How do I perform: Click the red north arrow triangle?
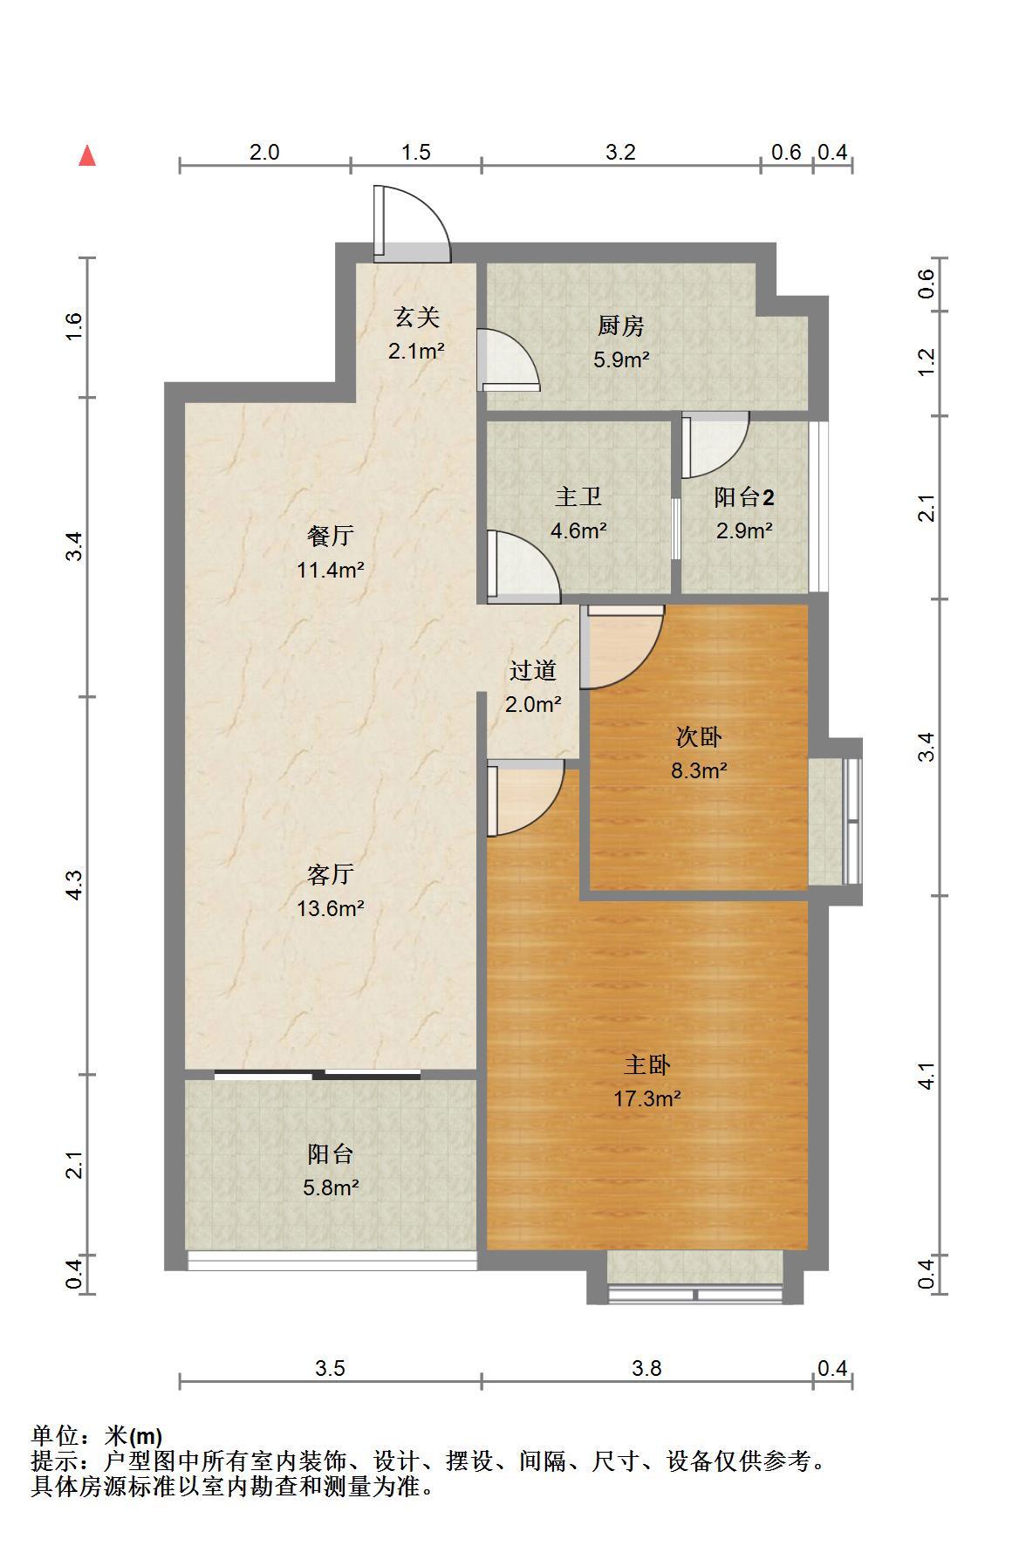click(87, 155)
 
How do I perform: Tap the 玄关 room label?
click(416, 318)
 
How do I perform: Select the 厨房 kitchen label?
click(621, 326)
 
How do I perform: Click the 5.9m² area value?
click(621, 359)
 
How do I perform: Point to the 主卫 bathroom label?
click(578, 497)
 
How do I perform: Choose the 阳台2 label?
click(744, 497)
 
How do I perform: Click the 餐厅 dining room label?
click(331, 536)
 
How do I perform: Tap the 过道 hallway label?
click(533, 671)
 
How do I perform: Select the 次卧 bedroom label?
click(699, 737)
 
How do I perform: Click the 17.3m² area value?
click(646, 1098)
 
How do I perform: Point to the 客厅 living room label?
click(331, 874)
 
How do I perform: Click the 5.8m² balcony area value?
click(331, 1187)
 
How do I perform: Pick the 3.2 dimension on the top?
click(620, 152)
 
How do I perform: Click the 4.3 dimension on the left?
click(76, 886)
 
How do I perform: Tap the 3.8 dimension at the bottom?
click(646, 1368)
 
